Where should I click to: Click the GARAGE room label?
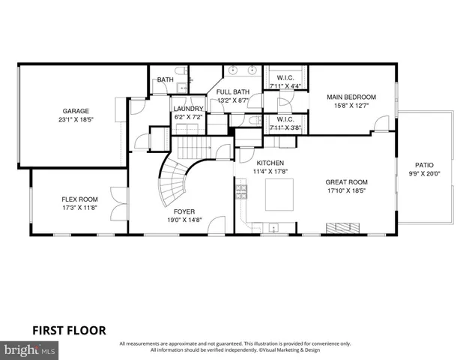75,110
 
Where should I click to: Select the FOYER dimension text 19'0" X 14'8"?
184,220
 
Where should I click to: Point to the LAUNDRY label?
188,109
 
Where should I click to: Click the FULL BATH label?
233,91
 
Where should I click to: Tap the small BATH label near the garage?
165,80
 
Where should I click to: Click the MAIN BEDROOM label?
349,97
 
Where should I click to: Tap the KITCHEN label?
270,163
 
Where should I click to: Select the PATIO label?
424,165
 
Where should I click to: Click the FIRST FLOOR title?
68,329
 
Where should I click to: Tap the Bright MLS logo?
30,350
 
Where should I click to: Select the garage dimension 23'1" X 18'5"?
75,119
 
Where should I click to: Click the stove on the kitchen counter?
242,196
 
